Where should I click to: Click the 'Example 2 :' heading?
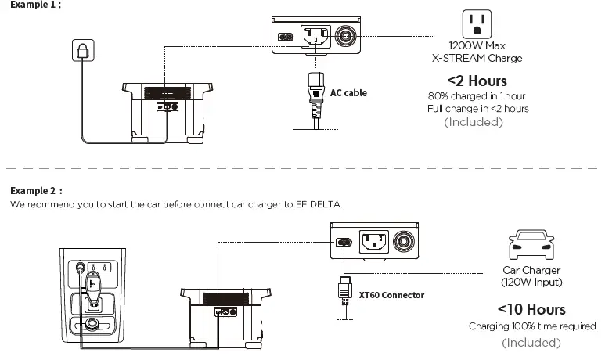[36, 190]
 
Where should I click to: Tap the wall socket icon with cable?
[81, 51]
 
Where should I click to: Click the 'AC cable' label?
[348, 93]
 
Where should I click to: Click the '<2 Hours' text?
[477, 81]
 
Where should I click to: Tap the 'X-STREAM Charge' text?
[477, 58]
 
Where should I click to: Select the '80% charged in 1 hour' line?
[477, 95]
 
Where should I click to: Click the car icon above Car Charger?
[526, 245]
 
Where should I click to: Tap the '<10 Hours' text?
[531, 310]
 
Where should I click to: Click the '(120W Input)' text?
[531, 282]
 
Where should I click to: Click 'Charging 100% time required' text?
[531, 326]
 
